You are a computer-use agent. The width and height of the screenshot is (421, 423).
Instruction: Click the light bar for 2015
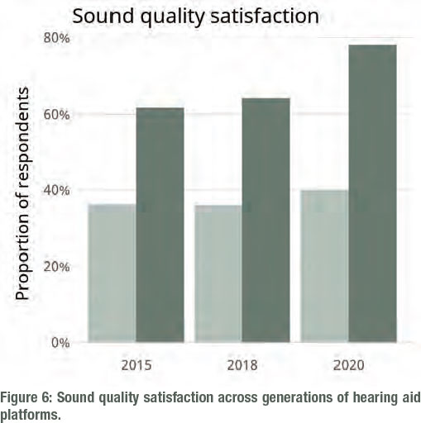(112, 273)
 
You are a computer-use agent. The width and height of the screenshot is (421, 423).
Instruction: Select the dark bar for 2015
(160, 225)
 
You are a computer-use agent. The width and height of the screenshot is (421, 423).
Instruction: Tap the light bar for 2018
(218, 273)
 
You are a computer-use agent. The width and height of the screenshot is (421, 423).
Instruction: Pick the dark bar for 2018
(266, 220)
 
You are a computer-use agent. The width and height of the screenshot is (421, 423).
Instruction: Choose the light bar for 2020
(324, 266)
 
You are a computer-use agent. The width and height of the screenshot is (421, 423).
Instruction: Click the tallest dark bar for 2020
(372, 193)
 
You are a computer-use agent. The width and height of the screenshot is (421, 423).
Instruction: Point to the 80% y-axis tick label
(56, 38)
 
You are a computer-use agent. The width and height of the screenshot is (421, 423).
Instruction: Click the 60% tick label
(56, 114)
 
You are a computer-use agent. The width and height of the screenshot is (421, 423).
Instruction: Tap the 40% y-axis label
(56, 190)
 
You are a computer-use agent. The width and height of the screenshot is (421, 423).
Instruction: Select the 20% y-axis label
(56, 267)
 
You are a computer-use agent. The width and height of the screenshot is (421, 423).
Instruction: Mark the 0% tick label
(60, 343)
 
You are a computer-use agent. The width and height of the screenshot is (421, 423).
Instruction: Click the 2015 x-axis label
(136, 365)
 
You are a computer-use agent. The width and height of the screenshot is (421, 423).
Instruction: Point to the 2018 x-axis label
(242, 365)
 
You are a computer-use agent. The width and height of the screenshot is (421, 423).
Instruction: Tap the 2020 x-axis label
(349, 365)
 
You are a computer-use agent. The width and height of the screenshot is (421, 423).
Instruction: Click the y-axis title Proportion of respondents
(22, 193)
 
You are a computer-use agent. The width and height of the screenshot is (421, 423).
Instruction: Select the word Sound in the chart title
(103, 16)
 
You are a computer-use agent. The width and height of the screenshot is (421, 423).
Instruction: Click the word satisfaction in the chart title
(265, 16)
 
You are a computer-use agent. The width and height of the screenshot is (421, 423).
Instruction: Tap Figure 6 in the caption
(26, 397)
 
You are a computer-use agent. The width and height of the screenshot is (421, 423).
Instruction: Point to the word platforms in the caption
(31, 415)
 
